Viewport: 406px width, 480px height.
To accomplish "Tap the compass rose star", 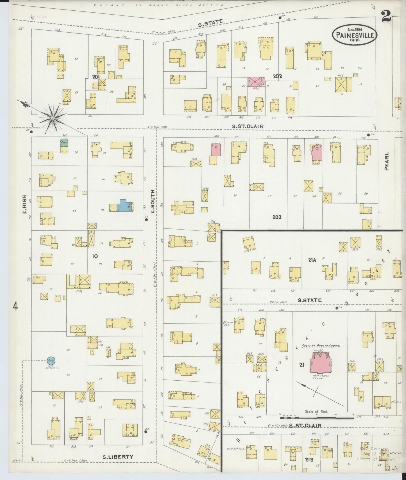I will click(x=53, y=118).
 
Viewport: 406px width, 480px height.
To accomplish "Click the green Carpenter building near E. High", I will click(x=64, y=142).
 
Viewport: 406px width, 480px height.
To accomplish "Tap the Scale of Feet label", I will click(x=316, y=412).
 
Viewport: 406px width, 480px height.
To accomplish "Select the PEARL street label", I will click(x=387, y=161).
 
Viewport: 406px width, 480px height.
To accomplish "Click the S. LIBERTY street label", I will click(x=118, y=457).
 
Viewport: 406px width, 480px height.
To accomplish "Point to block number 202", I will click(x=277, y=76).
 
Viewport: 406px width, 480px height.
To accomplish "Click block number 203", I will click(x=277, y=217).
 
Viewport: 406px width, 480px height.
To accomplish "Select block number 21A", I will click(x=312, y=260).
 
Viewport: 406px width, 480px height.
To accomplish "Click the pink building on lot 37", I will click(x=256, y=82).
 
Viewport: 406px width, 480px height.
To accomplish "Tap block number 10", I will click(x=95, y=256).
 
